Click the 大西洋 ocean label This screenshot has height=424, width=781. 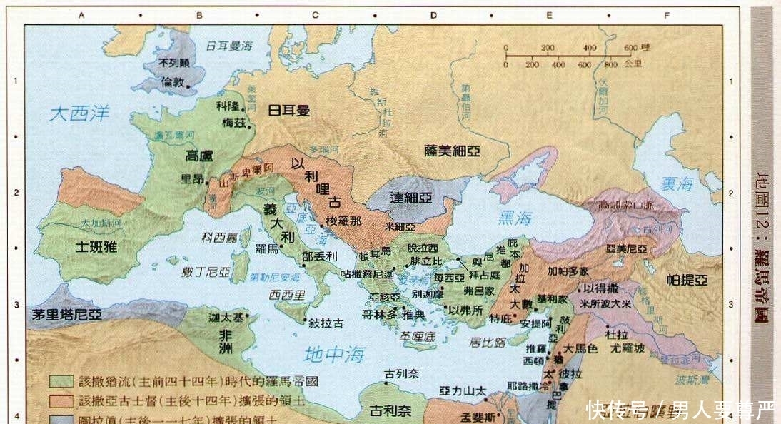pos(79,113)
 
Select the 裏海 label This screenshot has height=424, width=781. pos(675,183)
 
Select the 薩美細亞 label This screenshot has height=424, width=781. pos(452,151)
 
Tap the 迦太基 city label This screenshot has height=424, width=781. pos(222,316)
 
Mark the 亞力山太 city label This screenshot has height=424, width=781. pos(463,390)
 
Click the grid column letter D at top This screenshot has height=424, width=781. pos(433,14)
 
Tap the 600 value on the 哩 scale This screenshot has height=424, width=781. pos(629,48)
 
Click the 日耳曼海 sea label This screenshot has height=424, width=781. pos(229,45)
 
